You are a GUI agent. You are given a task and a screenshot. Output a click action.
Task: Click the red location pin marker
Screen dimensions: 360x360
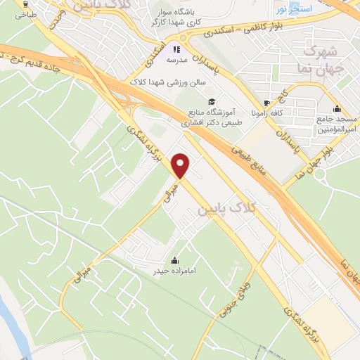(x=181, y=166)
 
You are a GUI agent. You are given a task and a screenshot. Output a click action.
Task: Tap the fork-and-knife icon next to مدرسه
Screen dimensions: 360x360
(x=176, y=49)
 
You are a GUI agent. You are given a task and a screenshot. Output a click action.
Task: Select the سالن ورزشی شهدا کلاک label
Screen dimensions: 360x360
(x=167, y=82)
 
